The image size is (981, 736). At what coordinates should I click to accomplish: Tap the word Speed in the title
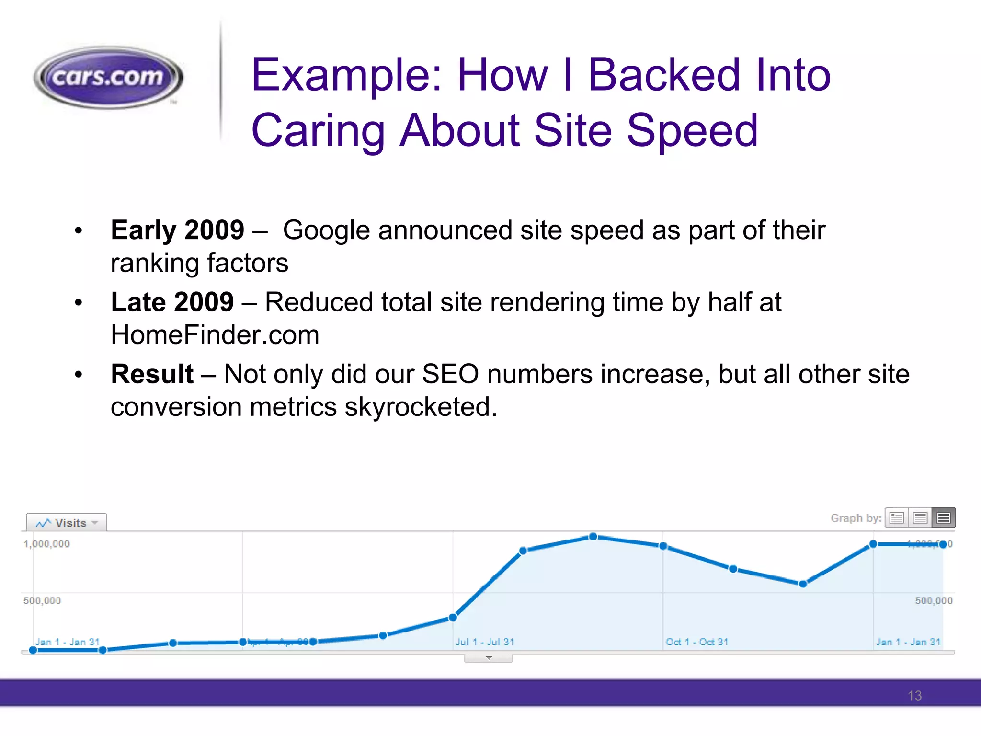(x=692, y=131)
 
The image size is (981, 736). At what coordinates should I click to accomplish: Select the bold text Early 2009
(x=177, y=230)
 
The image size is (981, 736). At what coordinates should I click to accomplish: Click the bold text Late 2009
(x=172, y=302)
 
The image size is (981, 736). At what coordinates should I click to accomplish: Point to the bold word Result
(x=152, y=374)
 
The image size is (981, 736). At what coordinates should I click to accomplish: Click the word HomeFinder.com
(x=215, y=335)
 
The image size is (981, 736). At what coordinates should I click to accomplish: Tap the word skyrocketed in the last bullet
(x=420, y=407)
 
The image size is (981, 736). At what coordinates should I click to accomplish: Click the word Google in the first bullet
(x=326, y=230)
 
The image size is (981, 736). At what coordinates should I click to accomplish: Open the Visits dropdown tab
(x=67, y=523)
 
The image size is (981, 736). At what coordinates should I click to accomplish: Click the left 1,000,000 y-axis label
(x=47, y=544)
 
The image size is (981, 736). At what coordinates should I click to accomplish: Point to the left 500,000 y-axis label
(x=42, y=601)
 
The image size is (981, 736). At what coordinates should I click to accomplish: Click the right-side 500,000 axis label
(x=934, y=601)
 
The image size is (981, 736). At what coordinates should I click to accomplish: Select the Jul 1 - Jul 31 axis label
(x=484, y=642)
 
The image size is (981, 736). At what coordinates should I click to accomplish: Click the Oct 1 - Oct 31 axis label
(x=697, y=642)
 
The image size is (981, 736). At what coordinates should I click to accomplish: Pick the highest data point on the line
(x=593, y=537)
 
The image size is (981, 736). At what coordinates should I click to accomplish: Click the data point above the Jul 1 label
(x=453, y=618)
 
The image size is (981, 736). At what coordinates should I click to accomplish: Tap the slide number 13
(x=914, y=696)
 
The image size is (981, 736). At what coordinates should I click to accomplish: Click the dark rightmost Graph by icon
(x=944, y=518)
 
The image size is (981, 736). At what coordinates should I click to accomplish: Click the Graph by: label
(x=856, y=518)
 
